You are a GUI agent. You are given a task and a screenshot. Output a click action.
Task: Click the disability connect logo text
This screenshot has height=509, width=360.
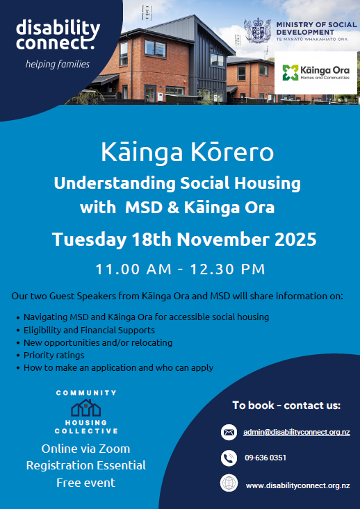(58, 36)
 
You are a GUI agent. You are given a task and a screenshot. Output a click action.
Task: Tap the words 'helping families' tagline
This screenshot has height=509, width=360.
(58, 65)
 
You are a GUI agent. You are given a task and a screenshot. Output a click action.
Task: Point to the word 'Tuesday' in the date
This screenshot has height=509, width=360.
(88, 240)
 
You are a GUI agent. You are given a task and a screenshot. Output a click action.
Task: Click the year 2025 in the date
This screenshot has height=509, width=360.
(292, 240)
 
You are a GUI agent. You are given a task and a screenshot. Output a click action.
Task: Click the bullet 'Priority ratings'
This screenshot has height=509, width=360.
(55, 355)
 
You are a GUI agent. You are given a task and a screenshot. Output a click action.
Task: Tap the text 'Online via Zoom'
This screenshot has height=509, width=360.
(85, 448)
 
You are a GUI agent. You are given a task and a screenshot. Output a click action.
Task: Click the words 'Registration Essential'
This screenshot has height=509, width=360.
(85, 465)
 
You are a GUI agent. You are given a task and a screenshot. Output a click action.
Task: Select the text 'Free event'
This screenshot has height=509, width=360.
(85, 482)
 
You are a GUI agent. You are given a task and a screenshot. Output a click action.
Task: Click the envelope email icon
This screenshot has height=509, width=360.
(229, 432)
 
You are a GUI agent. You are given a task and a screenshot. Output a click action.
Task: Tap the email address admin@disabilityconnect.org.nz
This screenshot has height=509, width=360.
(296, 432)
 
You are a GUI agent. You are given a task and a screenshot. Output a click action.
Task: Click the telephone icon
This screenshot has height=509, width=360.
(229, 458)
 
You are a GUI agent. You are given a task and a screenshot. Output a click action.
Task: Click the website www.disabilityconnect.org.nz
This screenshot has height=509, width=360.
(297, 485)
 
